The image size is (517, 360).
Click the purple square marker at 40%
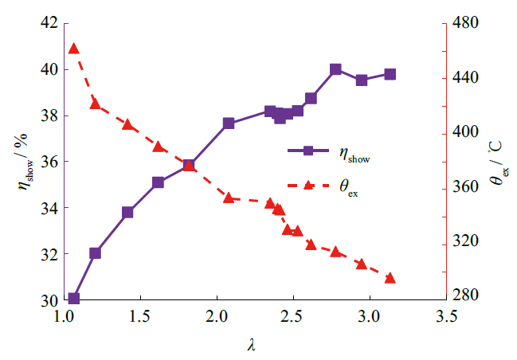335,69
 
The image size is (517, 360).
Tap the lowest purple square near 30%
74,299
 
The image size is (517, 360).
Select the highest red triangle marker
74,49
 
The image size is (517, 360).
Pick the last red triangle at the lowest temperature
390,278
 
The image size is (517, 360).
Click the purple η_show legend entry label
355,156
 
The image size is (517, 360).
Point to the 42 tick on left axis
48,23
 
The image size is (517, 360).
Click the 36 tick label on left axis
48,162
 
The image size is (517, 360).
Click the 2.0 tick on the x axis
216,317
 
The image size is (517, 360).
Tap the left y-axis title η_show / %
22,160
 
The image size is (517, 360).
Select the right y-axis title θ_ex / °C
496,162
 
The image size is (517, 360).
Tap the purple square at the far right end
390,74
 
